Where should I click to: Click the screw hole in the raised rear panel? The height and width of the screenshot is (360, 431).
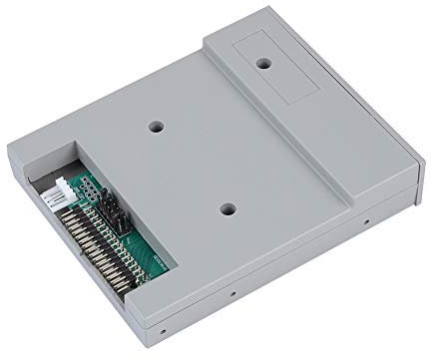(264, 63)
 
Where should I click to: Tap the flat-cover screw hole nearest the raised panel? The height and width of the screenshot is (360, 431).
(157, 128)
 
